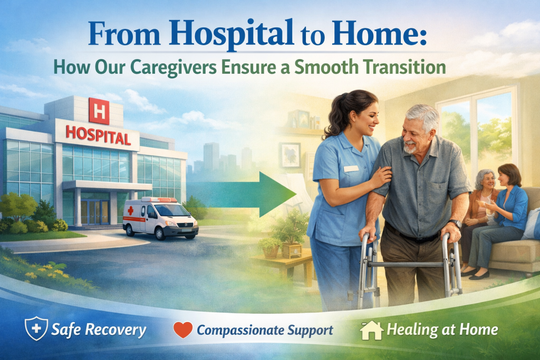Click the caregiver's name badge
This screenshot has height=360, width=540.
tap(351, 169)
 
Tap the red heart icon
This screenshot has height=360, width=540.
tap(182, 329)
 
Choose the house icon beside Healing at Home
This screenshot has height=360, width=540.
tap(371, 329)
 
